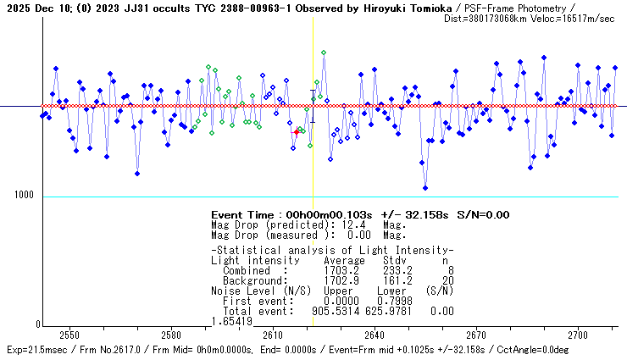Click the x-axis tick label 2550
pos(69,335)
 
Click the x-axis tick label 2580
pos(171,335)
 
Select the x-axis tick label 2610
pos(273,335)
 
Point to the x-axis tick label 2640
pos(375,335)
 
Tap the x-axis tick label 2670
pos(476,335)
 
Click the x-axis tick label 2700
pos(578,335)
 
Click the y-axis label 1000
pos(23,196)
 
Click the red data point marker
pos(296,132)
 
